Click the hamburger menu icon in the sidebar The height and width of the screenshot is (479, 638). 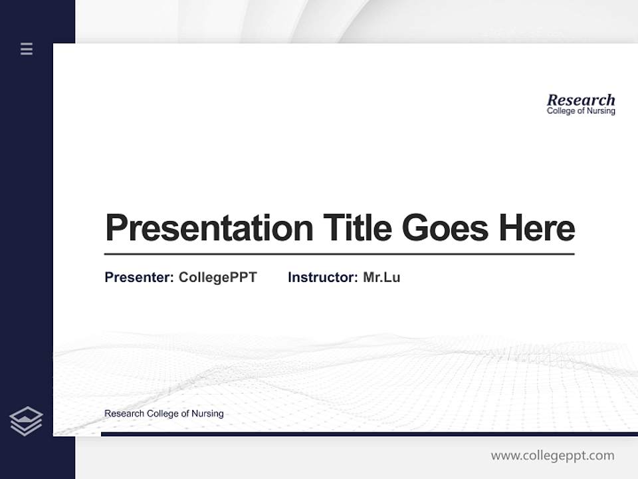coord(27,49)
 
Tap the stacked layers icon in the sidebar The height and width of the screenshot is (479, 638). coord(27,421)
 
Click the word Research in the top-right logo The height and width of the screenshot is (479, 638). coord(581,100)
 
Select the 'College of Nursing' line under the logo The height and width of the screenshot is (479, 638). coord(581,111)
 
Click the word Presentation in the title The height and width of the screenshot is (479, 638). coord(209,228)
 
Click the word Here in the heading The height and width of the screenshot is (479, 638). coord(537,228)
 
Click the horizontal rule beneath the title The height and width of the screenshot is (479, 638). coord(339,253)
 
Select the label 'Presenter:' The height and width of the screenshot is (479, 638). coord(139,277)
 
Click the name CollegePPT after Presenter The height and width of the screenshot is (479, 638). coord(217,277)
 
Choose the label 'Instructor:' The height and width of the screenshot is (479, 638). coord(322,277)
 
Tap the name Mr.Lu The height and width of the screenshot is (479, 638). coord(381,277)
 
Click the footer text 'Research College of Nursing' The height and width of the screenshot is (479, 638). coord(163,413)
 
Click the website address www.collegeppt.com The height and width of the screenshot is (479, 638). coord(552,456)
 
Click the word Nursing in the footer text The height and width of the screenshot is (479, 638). coord(207,413)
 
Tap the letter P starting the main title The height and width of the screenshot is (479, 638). coord(116,228)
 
